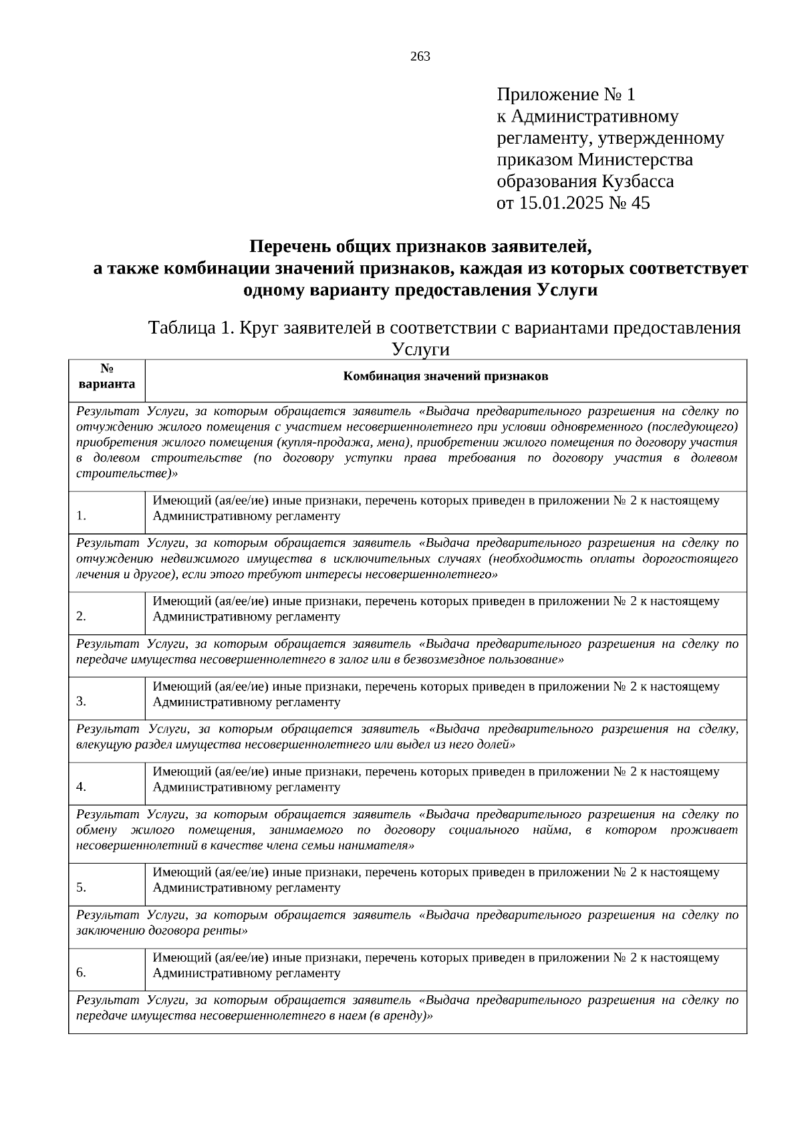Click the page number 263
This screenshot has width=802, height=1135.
(420, 57)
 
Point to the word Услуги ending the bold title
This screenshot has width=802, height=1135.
(566, 291)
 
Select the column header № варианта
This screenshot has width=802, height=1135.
(107, 377)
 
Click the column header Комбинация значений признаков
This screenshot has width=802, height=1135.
(446, 376)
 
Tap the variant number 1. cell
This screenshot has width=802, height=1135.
(82, 516)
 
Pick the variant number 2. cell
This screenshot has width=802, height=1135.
(82, 616)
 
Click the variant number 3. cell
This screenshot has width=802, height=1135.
(82, 701)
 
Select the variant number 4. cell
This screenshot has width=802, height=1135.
(82, 787)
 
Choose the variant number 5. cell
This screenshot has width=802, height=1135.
(82, 888)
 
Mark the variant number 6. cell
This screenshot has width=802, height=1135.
(82, 973)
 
